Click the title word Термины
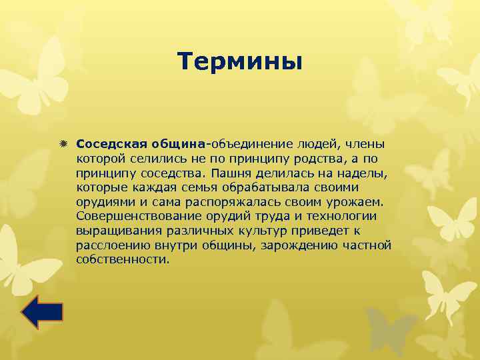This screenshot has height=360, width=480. click(240, 62)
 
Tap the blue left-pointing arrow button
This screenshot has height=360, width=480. click(41, 312)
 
